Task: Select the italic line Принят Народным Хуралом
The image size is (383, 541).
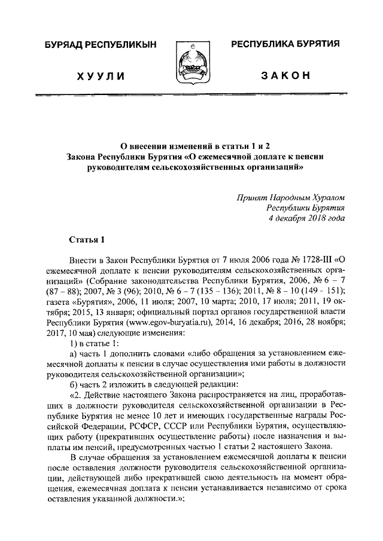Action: [290, 197]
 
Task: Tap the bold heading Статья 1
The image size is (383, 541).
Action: [87, 240]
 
